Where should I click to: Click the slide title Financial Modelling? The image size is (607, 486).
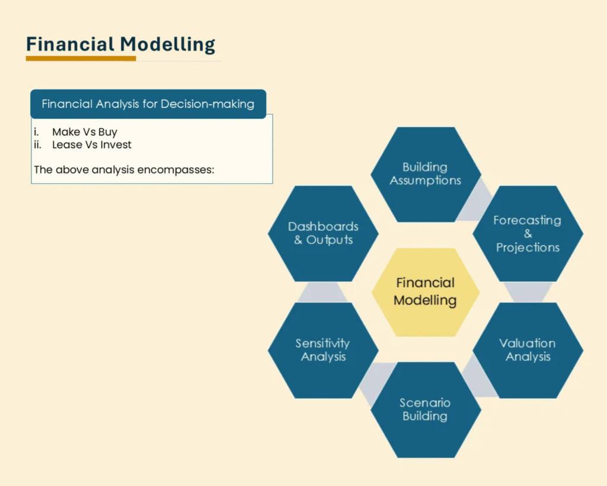pyautogui.click(x=120, y=44)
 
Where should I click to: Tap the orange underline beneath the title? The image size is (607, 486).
pyautogui.click(x=81, y=59)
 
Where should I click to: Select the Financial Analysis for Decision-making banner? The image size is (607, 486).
pyautogui.click(x=148, y=104)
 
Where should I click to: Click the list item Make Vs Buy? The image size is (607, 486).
pyautogui.click(x=85, y=132)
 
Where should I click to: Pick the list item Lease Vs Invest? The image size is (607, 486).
pyautogui.click(x=92, y=145)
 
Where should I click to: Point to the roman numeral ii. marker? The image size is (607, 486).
pyautogui.click(x=37, y=145)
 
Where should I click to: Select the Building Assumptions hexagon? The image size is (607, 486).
pyautogui.click(x=426, y=174)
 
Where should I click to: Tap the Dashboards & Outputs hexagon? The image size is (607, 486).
pyautogui.click(x=323, y=233)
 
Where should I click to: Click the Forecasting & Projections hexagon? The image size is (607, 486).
pyautogui.click(x=528, y=233)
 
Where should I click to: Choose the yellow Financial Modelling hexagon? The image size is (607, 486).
pyautogui.click(x=426, y=292)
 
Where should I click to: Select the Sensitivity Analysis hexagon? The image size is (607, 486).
pyautogui.click(x=323, y=350)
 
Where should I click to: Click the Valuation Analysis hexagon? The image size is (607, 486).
pyautogui.click(x=528, y=350)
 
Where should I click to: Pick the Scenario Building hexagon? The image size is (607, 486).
pyautogui.click(x=426, y=409)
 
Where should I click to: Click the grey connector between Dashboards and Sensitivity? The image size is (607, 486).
pyautogui.click(x=322, y=292)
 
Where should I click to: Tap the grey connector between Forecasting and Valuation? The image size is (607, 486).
pyautogui.click(x=528, y=292)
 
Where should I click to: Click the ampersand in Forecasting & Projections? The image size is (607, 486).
pyautogui.click(x=528, y=234)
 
